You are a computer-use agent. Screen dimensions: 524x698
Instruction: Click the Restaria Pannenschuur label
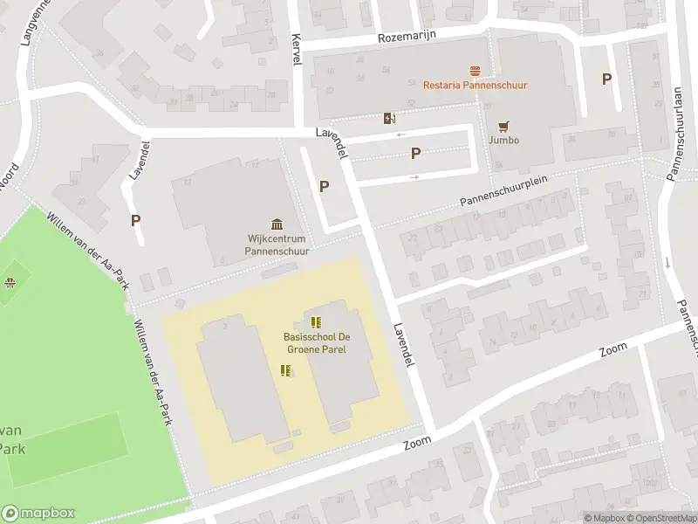(475, 85)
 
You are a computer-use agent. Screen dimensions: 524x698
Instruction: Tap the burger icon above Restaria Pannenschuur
(475, 70)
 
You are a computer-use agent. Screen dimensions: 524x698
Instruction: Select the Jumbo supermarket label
(503, 140)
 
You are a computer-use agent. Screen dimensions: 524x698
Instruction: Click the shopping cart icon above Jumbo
(503, 126)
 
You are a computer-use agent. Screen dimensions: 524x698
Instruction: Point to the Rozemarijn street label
(407, 37)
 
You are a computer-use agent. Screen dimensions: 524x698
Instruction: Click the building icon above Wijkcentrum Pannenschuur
(277, 224)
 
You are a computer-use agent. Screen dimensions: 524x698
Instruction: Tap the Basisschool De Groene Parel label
(315, 343)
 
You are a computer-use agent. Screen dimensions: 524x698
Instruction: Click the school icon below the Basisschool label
(285, 371)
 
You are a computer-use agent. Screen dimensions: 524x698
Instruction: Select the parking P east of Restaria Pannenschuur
(606, 79)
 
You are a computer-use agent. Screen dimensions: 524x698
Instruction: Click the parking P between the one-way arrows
(416, 154)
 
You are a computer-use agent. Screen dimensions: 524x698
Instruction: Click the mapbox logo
(38, 513)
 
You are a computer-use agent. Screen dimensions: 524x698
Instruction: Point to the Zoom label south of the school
(418, 444)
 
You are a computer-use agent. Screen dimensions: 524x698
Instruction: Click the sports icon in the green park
(10, 282)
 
